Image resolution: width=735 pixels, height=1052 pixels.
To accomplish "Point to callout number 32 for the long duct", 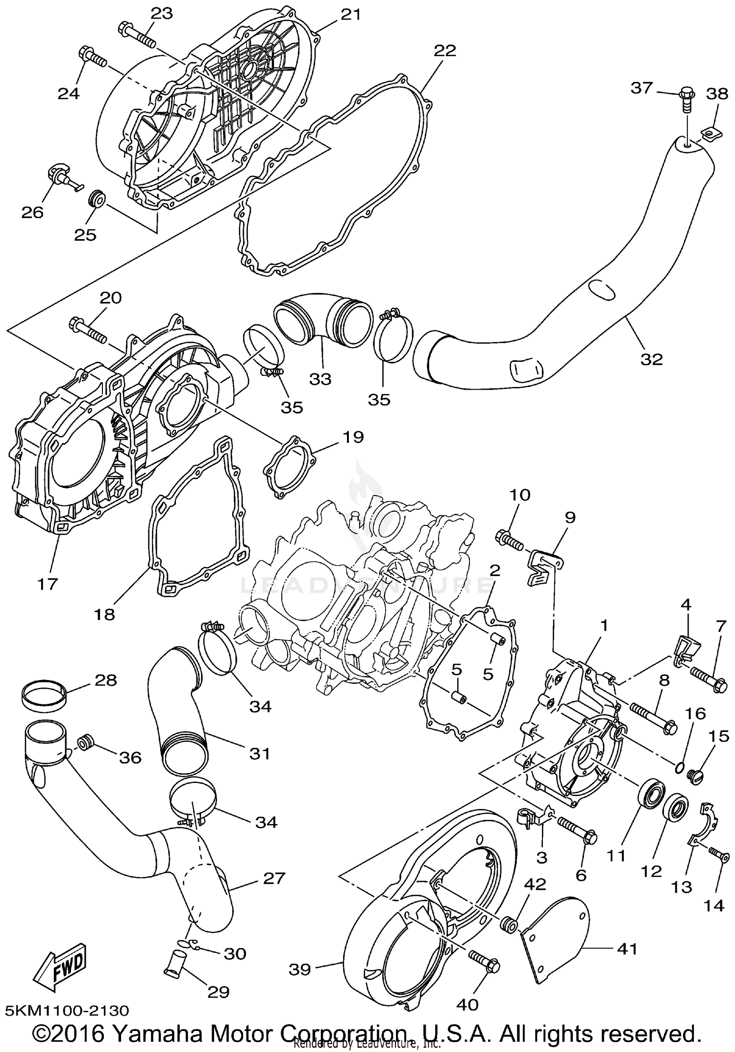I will [651, 359].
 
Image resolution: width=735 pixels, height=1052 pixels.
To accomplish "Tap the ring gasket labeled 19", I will [289, 466].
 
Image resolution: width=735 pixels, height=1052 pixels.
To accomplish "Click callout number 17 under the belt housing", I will [48, 583].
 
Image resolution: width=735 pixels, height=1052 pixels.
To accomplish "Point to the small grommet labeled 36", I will [86, 743].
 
